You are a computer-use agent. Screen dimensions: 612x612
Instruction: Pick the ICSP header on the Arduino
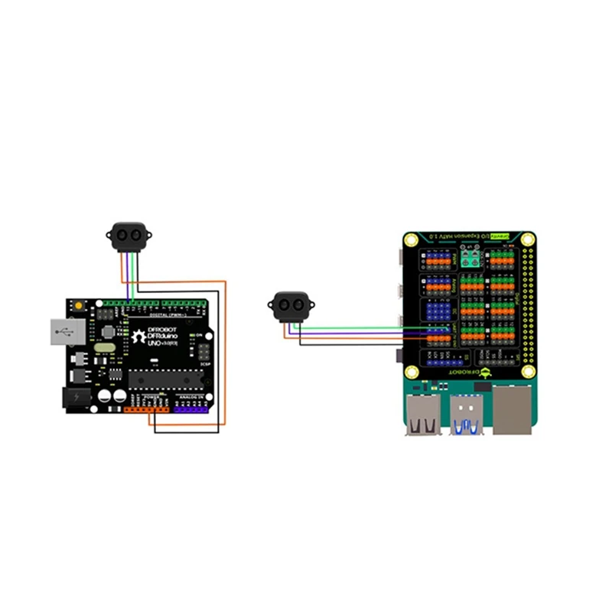click(204, 353)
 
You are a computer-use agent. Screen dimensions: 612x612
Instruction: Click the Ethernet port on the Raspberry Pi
click(511, 412)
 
